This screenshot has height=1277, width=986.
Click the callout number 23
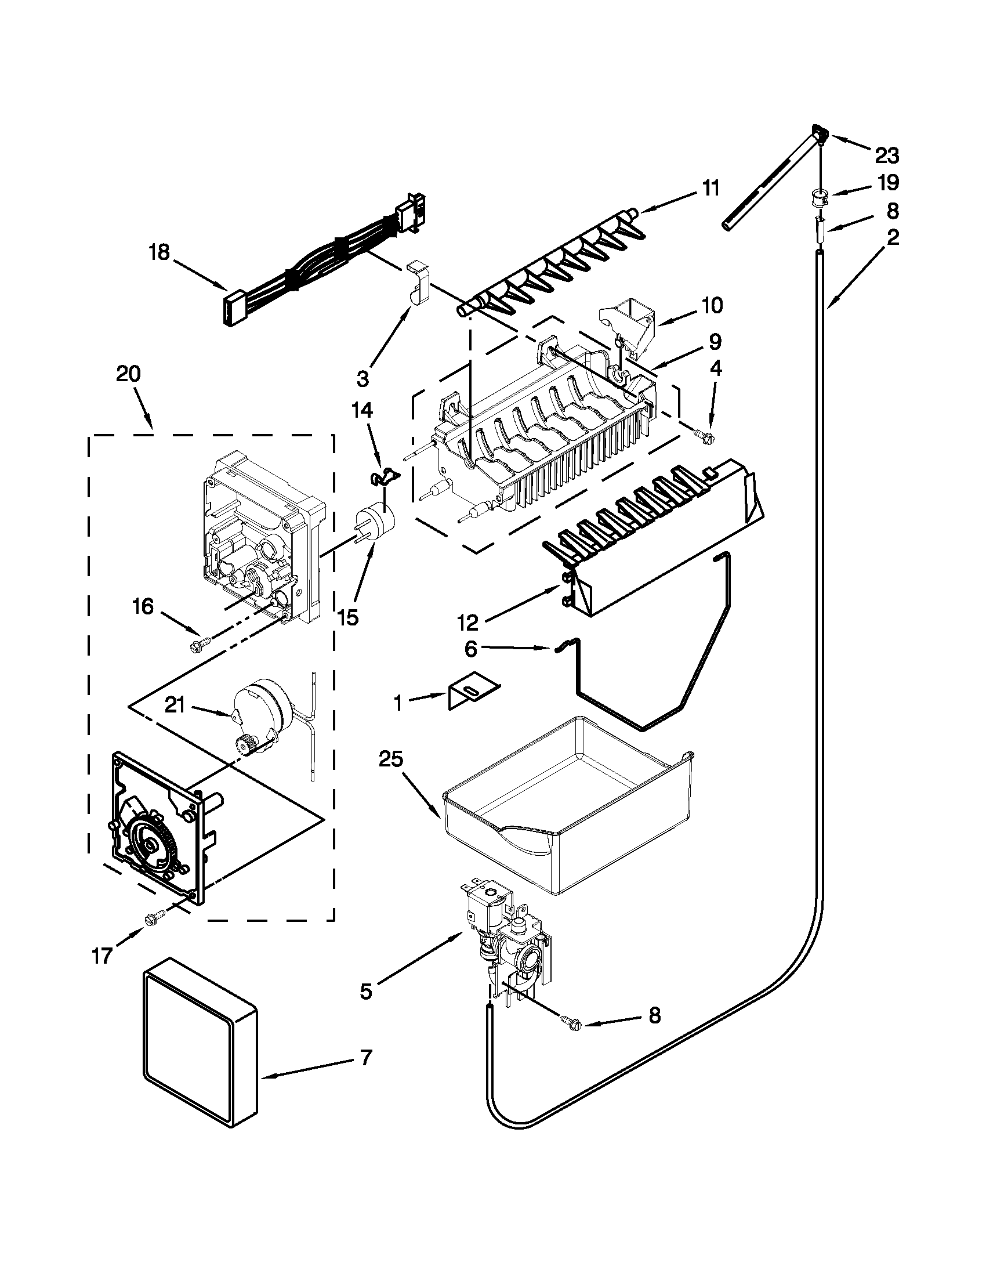(887, 156)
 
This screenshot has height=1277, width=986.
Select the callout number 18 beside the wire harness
(159, 252)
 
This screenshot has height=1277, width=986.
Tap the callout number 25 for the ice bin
(391, 759)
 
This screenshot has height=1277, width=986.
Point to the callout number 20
(129, 374)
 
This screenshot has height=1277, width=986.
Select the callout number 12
(468, 623)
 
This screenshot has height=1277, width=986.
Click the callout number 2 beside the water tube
(893, 238)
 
